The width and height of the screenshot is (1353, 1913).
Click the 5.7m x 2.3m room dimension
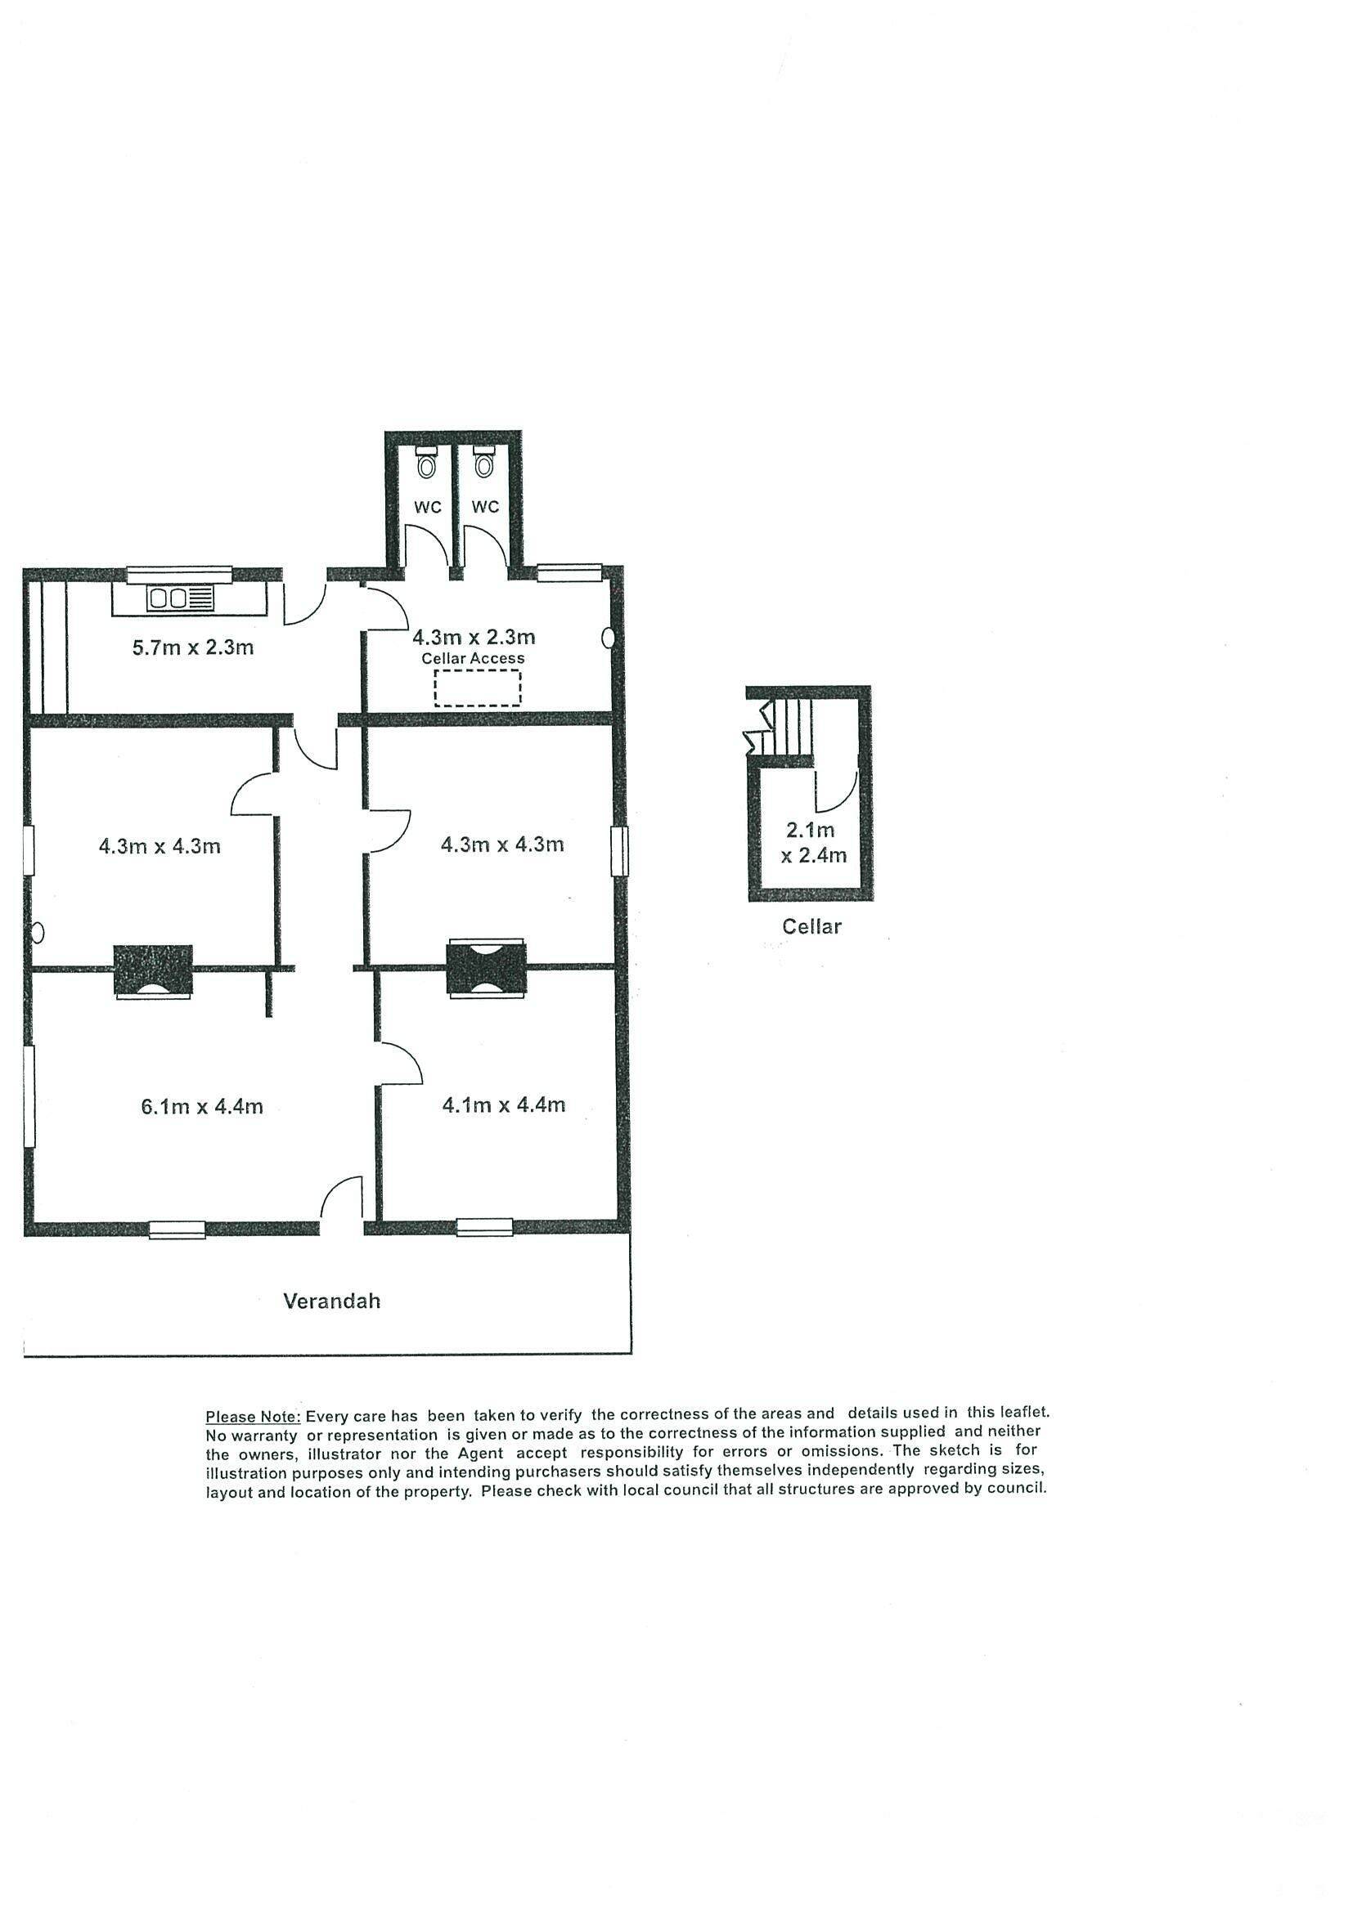[x=192, y=647]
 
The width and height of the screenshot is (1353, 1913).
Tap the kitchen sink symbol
[x=181, y=598]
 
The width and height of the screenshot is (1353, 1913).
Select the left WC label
[x=428, y=507]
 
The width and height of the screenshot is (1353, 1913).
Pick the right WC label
[x=485, y=507]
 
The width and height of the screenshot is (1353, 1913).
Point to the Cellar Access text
[x=473, y=658]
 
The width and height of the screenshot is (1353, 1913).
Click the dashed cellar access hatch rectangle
[x=478, y=688]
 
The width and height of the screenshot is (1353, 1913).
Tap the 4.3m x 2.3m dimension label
[x=474, y=638]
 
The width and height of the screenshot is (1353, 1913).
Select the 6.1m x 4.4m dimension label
[x=202, y=1106]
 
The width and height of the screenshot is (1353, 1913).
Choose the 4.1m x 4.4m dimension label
[x=504, y=1104]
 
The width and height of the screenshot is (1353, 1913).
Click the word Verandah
[x=332, y=1301]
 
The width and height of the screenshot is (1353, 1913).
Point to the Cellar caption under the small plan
[x=811, y=925]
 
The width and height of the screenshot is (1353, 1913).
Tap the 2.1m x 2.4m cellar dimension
[x=814, y=842]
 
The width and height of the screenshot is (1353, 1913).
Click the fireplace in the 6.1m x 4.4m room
[x=154, y=971]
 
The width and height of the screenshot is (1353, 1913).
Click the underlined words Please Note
[x=253, y=1417]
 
